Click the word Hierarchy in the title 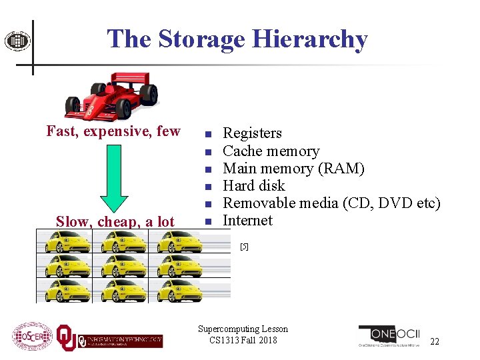tap(311, 39)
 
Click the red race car tap(111, 94)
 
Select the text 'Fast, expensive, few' tap(113, 131)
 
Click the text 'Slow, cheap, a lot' tap(115, 222)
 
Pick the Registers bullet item tap(252, 133)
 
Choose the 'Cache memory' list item tap(271, 151)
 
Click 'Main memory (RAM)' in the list tap(293, 168)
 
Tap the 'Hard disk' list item tap(253, 185)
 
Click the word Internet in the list tap(247, 220)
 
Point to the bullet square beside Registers tap(208, 133)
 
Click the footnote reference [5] tap(244, 247)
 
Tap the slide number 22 tap(435, 342)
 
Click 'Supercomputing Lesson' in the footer tap(243, 329)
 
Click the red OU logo tap(66, 338)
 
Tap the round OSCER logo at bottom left tap(32, 338)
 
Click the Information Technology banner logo tap(121, 341)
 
